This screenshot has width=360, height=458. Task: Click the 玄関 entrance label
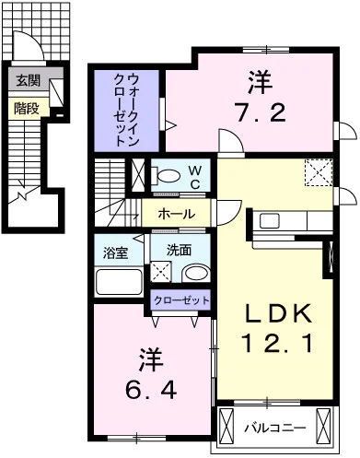pyautogui.click(x=28, y=81)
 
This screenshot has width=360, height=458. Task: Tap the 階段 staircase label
pyautogui.click(x=27, y=108)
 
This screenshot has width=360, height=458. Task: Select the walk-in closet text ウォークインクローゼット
pyautogui.click(x=126, y=110)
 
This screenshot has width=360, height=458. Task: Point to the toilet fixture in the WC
pyautogui.click(x=166, y=176)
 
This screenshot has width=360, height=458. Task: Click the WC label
pyautogui.click(x=195, y=177)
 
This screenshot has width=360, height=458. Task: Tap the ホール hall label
pyautogui.click(x=177, y=214)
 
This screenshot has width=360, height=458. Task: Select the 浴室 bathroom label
pyautogui.click(x=115, y=253)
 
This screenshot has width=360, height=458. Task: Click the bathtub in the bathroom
pyautogui.click(x=119, y=282)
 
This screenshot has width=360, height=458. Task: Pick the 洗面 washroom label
pyautogui.click(x=179, y=251)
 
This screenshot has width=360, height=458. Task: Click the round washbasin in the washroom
pyautogui.click(x=196, y=273)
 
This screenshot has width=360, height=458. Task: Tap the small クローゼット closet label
pyautogui.click(x=181, y=300)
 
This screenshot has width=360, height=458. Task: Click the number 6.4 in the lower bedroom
pyautogui.click(x=151, y=390)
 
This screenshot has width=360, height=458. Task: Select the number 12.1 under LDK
pyautogui.click(x=278, y=343)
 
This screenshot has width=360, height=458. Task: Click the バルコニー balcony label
pyautogui.click(x=275, y=428)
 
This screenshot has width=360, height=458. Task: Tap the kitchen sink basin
pyautogui.click(x=270, y=220)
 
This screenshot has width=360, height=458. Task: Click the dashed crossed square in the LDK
pyautogui.click(x=319, y=172)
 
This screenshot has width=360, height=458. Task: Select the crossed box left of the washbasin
pyautogui.click(x=161, y=271)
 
